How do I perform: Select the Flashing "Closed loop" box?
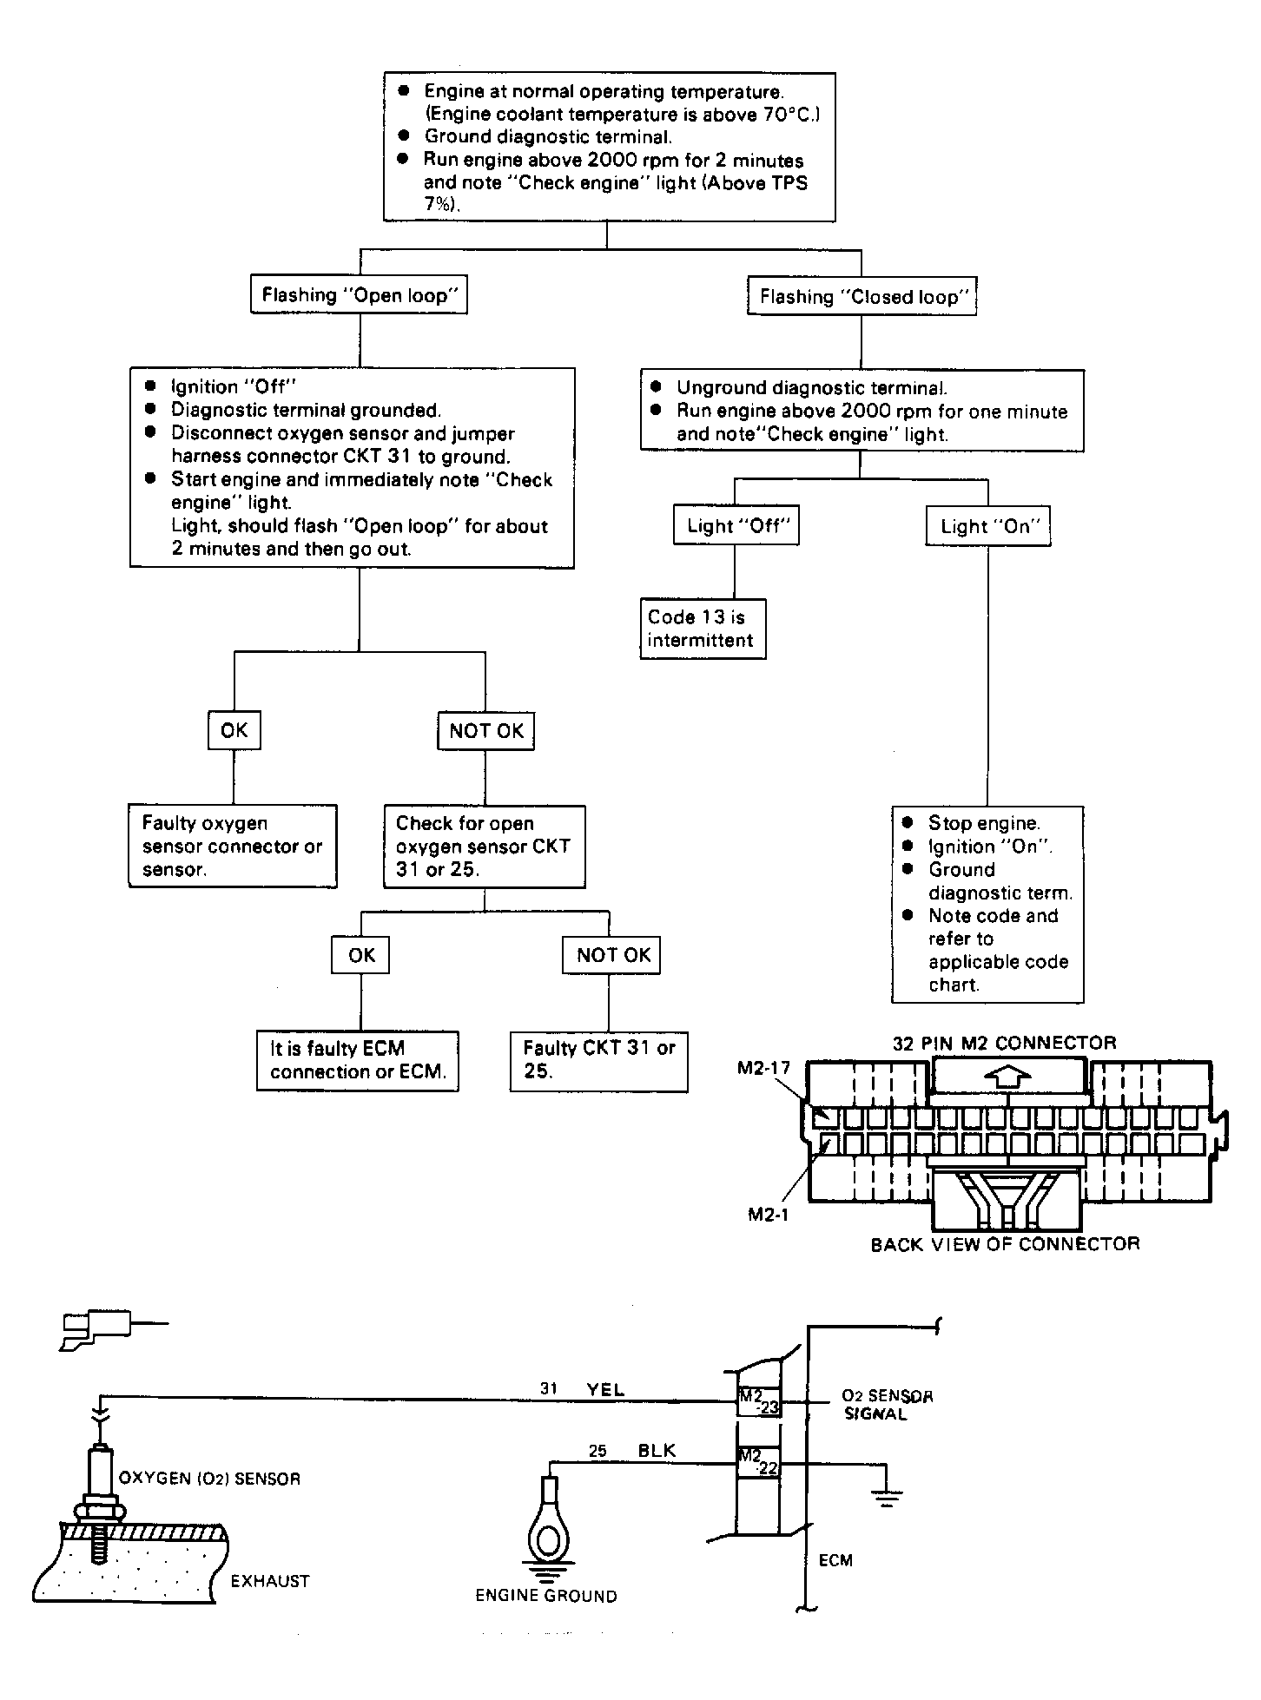coord(861,297)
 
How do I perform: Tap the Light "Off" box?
coord(736,526)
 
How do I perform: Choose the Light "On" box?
coord(987,527)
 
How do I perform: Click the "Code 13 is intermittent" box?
coord(703,629)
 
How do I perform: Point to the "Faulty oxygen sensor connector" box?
coord(232,847)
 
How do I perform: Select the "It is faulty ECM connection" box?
coord(357,1060)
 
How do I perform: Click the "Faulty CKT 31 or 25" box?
coord(598,1060)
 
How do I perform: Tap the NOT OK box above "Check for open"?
coord(485,731)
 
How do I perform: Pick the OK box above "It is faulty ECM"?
coord(360,955)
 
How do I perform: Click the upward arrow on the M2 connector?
coord(1007,1078)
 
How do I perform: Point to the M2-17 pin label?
coord(763,1068)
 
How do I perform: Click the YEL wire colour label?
coord(605,1389)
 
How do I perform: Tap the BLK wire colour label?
coord(657,1451)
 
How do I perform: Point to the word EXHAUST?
coord(270,1581)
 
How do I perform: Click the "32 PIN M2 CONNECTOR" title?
coord(1004,1043)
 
